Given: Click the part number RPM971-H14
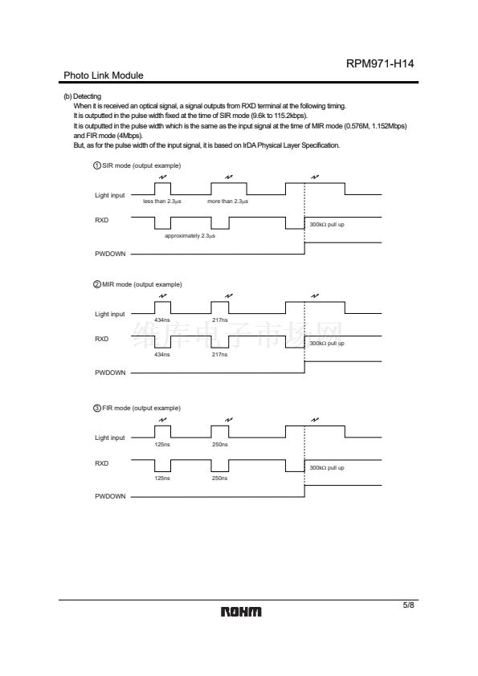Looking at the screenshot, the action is (x=380, y=63).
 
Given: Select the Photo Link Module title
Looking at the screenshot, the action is (x=104, y=75).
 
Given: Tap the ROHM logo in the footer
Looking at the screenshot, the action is (x=241, y=612).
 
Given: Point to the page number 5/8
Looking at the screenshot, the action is (x=408, y=605).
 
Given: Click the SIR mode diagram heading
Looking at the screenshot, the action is (x=137, y=165).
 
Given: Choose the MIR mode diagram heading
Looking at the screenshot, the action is (x=137, y=284).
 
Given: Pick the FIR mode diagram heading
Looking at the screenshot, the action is (x=137, y=408).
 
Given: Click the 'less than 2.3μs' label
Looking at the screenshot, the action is (x=162, y=202).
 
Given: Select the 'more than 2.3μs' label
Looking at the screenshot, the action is (x=228, y=202).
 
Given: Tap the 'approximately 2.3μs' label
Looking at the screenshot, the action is (x=190, y=236).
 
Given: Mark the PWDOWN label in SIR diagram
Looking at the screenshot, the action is (x=110, y=254).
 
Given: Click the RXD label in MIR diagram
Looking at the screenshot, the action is (x=102, y=339).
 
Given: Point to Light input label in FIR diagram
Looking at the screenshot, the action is (x=109, y=438).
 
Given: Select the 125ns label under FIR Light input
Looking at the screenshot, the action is (x=162, y=445).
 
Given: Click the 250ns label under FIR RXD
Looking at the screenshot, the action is (x=219, y=478).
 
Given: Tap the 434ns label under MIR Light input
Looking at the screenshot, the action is (x=162, y=320).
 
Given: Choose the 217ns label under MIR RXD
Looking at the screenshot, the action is (x=219, y=354).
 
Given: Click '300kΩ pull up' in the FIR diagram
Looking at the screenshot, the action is (x=327, y=468).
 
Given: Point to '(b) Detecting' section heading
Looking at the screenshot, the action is (x=83, y=96).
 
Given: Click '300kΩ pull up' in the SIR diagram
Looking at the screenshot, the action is (x=327, y=225).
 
